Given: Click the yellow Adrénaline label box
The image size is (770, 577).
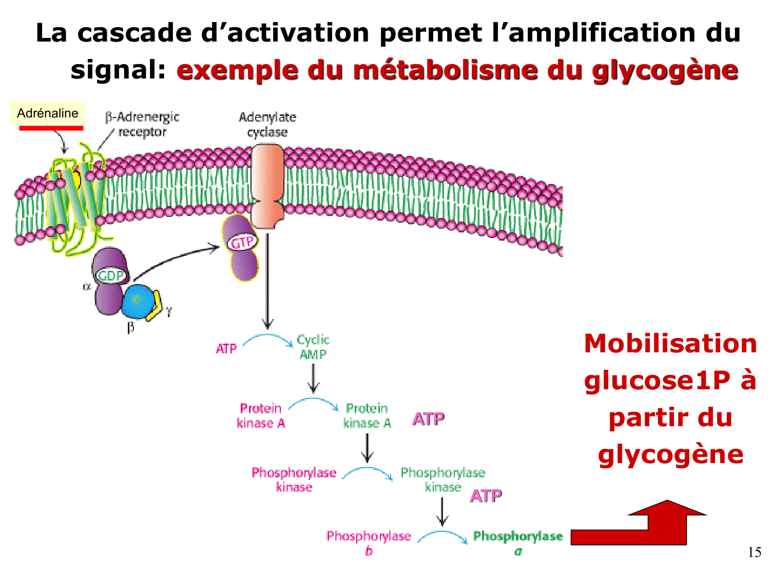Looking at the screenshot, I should pyautogui.click(x=47, y=113).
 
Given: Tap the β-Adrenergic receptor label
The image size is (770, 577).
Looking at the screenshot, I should pyautogui.click(x=142, y=124).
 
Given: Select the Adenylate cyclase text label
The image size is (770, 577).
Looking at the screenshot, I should pyautogui.click(x=267, y=124).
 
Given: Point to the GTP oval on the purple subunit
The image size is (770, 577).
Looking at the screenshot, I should pyautogui.click(x=242, y=243).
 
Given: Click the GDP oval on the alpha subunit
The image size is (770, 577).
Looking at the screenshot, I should pyautogui.click(x=111, y=276).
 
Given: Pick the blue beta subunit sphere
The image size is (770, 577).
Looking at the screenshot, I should pyautogui.click(x=138, y=301).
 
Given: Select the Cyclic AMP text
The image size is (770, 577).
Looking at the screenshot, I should pyautogui.click(x=313, y=347).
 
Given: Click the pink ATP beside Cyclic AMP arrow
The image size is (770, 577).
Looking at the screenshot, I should pyautogui.click(x=226, y=349).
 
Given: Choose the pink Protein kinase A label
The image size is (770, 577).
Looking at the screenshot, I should pyautogui.click(x=261, y=415).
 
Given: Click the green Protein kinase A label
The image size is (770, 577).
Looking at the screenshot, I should pyautogui.click(x=367, y=415).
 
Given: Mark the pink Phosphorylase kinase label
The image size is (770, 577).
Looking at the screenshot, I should pyautogui.click(x=294, y=480).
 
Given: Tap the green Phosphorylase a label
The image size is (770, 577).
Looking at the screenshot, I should pyautogui.click(x=517, y=543).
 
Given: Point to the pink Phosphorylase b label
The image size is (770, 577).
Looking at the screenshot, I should pyautogui.click(x=369, y=543).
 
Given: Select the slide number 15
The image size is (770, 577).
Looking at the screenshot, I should pyautogui.click(x=754, y=552).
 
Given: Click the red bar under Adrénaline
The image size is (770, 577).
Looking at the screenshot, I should pyautogui.click(x=51, y=128).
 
